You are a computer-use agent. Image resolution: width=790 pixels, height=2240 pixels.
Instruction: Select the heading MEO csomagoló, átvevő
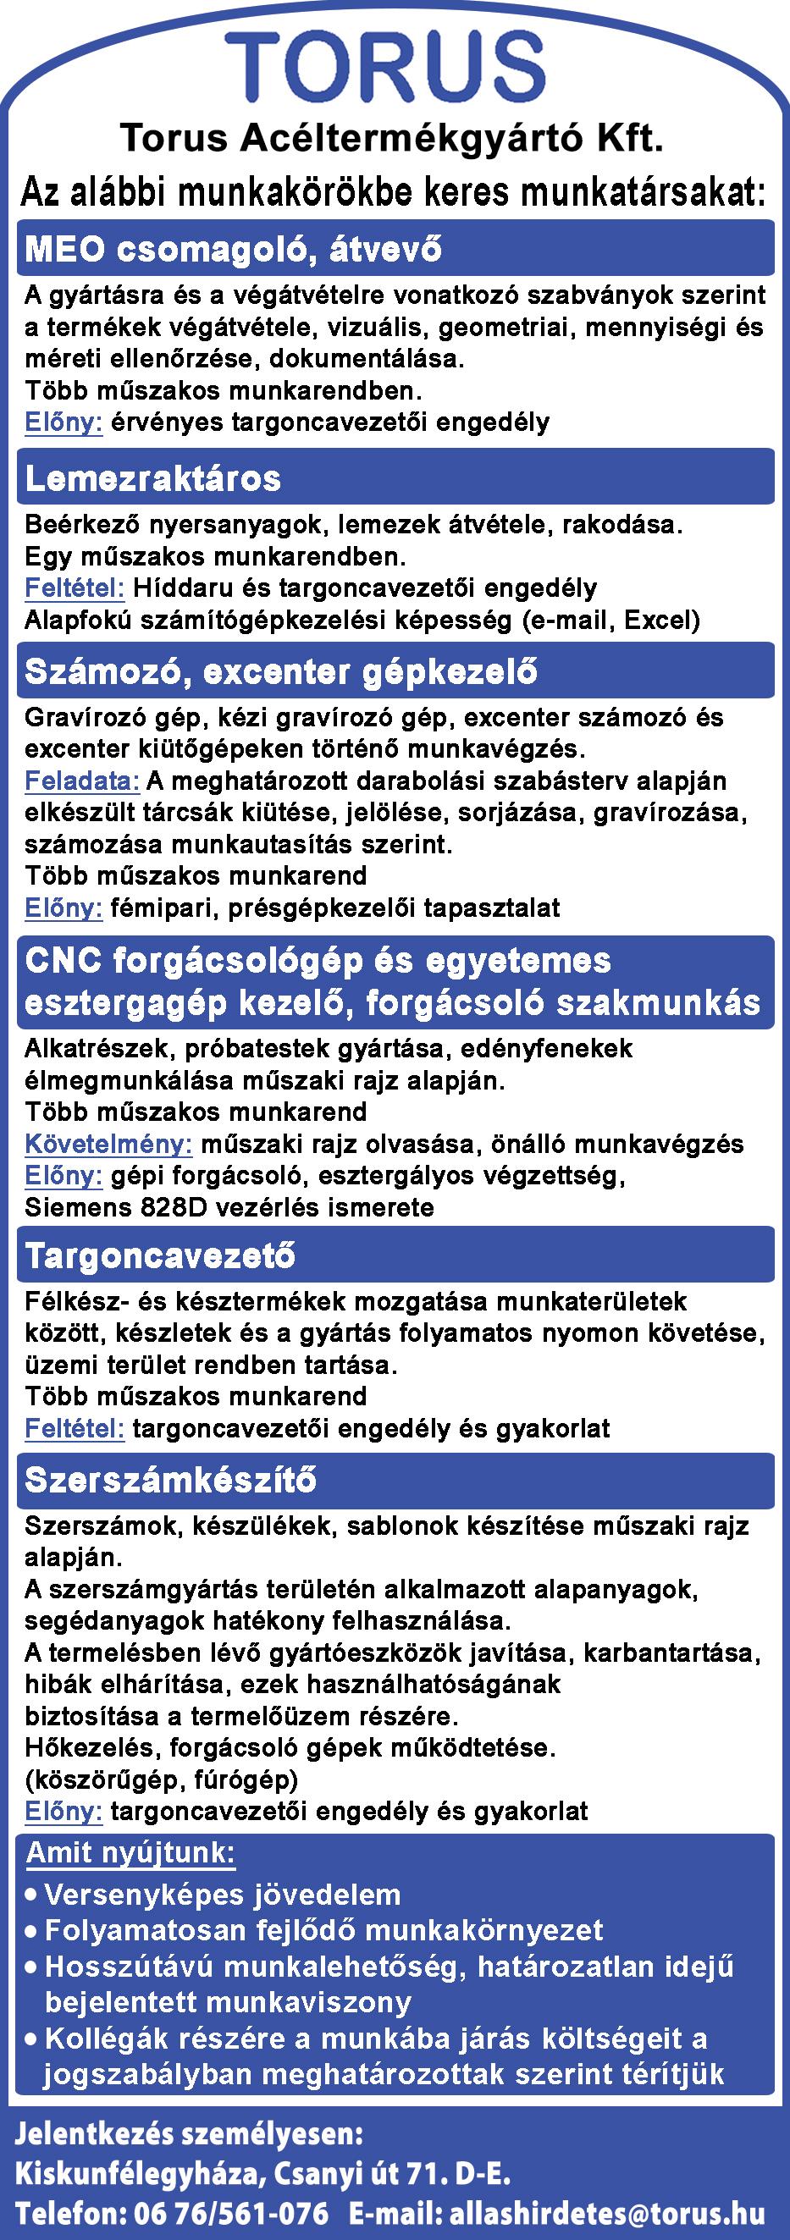pyautogui.click(x=233, y=250)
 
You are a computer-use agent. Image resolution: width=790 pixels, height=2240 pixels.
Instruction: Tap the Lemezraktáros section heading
pyautogui.click(x=153, y=477)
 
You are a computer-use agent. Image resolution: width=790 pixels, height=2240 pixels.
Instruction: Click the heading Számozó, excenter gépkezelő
pyautogui.click(x=280, y=671)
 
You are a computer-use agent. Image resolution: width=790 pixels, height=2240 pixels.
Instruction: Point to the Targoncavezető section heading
pyautogui.click(x=160, y=1255)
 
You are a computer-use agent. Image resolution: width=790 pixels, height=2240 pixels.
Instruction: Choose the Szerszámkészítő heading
pyautogui.click(x=170, y=1480)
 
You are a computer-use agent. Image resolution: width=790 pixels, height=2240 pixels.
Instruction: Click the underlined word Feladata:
pyautogui.click(x=82, y=780)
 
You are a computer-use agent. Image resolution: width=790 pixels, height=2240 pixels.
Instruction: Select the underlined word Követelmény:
pyautogui.click(x=108, y=1144)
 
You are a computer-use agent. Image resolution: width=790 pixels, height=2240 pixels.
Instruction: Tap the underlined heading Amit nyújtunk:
pyautogui.click(x=130, y=1854)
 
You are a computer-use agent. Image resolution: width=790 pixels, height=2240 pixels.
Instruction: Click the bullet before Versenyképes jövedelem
pyautogui.click(x=31, y=1896)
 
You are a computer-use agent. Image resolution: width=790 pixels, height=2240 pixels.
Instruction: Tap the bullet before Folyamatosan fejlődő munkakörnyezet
pyautogui.click(x=31, y=1932)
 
